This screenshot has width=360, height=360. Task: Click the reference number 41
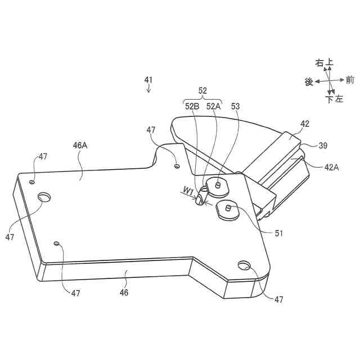pyautogui.click(x=148, y=80)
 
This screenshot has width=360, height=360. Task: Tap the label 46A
pyautogui.click(x=80, y=145)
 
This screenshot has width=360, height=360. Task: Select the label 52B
pyautogui.click(x=192, y=106)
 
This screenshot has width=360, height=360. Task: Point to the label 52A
pyautogui.click(x=213, y=106)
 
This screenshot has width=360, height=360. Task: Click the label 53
pyautogui.click(x=235, y=106)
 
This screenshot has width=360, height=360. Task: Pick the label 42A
pyautogui.click(x=331, y=168)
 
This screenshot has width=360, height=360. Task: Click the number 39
pyautogui.click(x=323, y=145)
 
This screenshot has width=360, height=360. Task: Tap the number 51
pyautogui.click(x=279, y=233)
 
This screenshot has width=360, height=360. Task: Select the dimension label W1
pyautogui.click(x=188, y=190)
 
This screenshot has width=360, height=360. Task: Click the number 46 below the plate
pyautogui.click(x=124, y=292)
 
